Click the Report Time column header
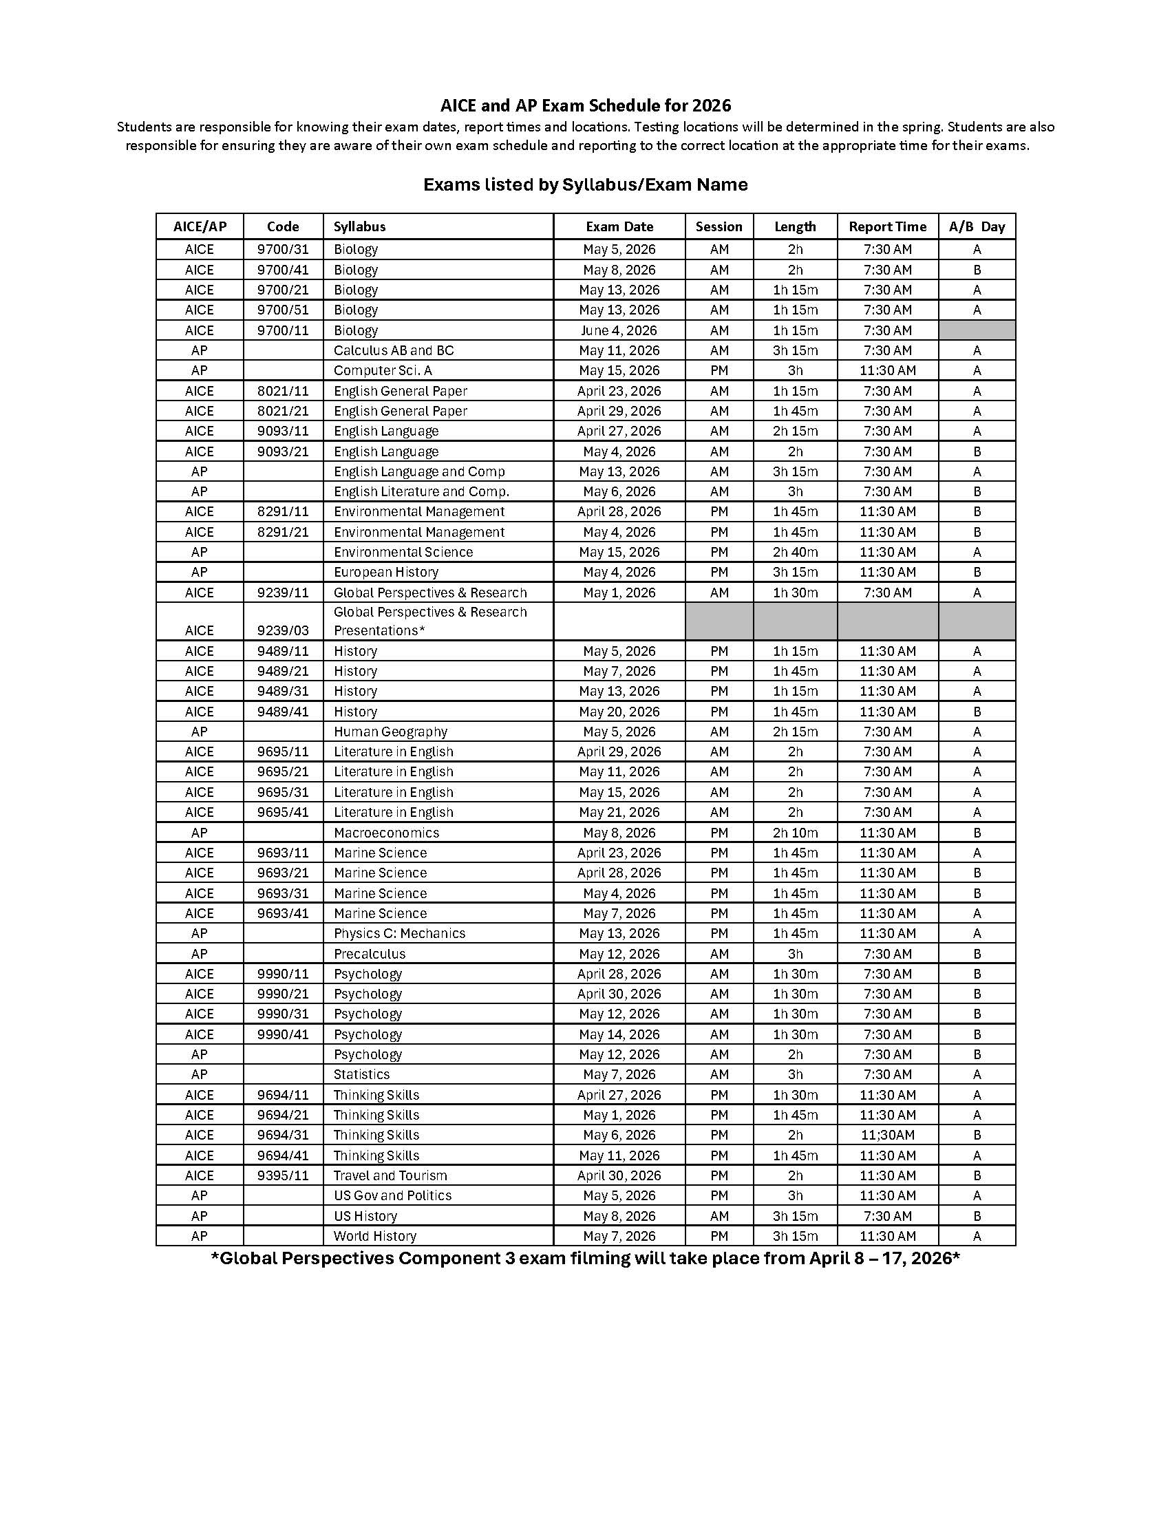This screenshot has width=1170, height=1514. tap(886, 226)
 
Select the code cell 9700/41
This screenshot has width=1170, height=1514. tap(283, 270)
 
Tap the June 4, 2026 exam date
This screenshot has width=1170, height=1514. tap(619, 330)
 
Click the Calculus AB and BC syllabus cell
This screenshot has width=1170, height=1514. tap(393, 350)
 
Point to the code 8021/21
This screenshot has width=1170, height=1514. tap(283, 411)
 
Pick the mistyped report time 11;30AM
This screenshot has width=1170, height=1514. tap(887, 1135)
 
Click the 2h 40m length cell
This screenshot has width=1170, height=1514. tap(795, 552)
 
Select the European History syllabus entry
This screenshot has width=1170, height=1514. tap(385, 572)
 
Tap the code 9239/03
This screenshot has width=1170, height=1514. tap(283, 630)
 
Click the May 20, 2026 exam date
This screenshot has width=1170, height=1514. tap(619, 712)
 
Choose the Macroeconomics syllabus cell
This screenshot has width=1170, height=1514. tap(386, 833)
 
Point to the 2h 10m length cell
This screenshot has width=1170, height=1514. tap(795, 833)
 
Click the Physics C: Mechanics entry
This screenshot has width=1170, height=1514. tap(399, 933)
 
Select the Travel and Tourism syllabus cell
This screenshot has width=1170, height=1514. tap(390, 1175)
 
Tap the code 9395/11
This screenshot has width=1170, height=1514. tap(283, 1175)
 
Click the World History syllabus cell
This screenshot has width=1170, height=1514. tap(374, 1235)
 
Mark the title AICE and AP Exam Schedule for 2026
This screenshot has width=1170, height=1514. tap(585, 105)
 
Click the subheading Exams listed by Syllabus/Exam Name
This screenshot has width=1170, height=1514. tap(585, 184)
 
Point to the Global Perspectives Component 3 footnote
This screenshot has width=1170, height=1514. tap(585, 1258)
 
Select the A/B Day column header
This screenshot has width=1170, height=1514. tap(976, 226)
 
